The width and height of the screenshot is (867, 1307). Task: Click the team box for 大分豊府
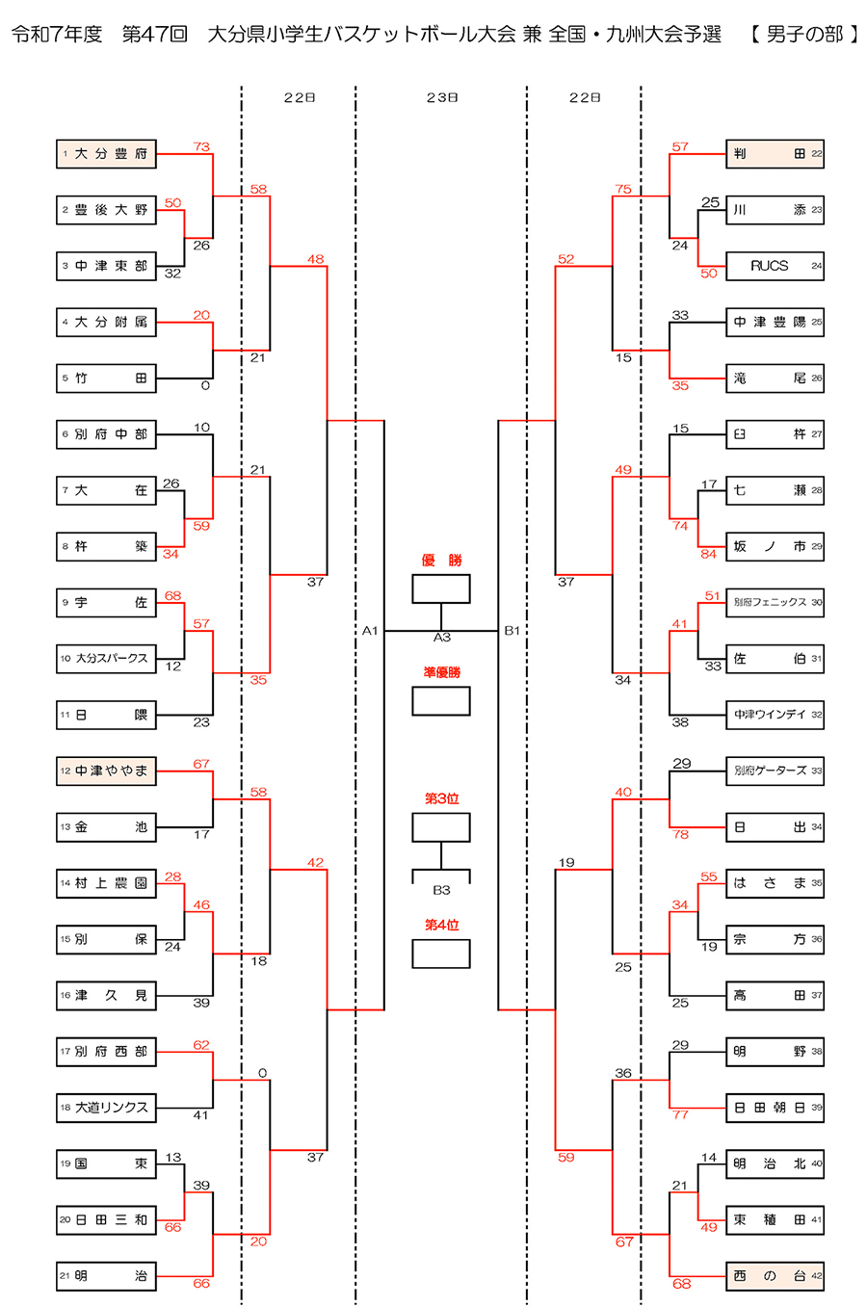106,154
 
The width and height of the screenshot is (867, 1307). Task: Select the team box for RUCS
775,266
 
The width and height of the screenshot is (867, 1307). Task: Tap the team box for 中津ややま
106,771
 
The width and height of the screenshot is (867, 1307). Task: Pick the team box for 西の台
775,1276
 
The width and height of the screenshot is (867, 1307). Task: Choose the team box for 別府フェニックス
775,603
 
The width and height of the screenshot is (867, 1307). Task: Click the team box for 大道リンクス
106,1108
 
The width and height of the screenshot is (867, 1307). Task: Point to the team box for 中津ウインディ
775,715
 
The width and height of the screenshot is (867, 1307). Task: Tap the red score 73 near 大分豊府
201,146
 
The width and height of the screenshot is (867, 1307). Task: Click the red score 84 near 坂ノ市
709,554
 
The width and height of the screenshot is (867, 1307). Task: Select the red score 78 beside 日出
681,834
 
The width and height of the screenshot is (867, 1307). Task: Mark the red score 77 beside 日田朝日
681,1114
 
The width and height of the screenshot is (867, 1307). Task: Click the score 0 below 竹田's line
205,385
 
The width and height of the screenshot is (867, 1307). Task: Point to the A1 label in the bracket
370,631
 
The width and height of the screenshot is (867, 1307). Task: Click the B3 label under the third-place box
441,890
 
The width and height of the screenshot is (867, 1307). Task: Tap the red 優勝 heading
441,561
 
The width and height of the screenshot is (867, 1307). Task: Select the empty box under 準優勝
441,700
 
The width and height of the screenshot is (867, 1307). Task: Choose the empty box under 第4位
441,954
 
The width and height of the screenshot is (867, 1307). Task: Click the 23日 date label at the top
442,97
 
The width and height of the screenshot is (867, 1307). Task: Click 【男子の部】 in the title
803,35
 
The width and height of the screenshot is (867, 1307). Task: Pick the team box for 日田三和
106,1220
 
